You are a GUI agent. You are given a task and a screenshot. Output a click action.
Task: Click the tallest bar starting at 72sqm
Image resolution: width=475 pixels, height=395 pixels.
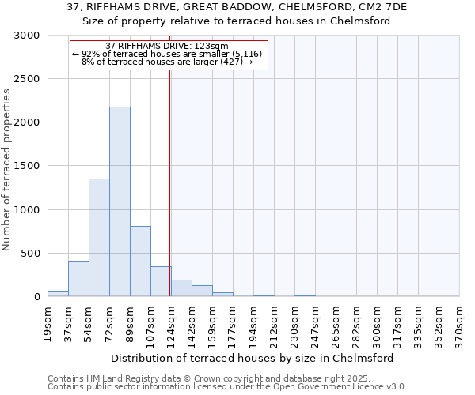(x=120, y=201)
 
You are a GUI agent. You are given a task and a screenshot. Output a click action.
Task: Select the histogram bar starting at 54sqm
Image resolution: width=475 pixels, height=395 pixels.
(x=99, y=237)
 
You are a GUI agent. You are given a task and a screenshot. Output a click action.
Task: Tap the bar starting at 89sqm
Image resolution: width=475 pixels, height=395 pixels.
(x=140, y=261)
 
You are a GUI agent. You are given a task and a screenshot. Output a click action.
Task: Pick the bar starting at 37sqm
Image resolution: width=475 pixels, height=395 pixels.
(x=78, y=279)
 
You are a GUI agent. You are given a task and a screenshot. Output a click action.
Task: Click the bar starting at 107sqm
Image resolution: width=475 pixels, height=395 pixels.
(x=161, y=281)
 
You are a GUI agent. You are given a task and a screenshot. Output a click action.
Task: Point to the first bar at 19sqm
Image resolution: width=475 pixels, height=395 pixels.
(x=58, y=293)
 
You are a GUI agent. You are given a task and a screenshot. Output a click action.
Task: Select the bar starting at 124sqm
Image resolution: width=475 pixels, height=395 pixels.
(x=181, y=288)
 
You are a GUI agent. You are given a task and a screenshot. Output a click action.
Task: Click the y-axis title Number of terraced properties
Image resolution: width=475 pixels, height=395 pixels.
(x=7, y=170)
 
